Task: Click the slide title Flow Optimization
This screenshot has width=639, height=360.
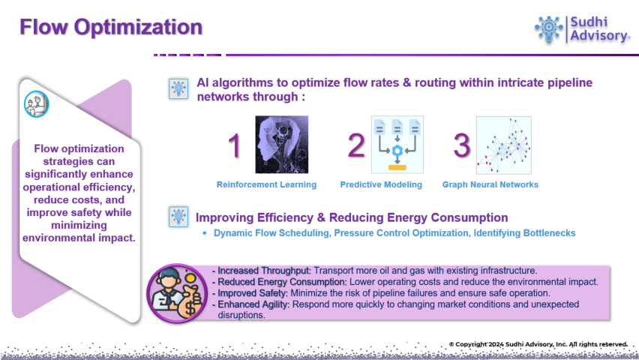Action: [111, 27]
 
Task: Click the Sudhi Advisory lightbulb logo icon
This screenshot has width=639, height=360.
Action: [548, 29]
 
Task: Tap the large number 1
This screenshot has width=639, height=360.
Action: [234, 145]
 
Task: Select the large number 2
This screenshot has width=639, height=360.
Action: [355, 145]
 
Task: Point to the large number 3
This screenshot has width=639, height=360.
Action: [462, 145]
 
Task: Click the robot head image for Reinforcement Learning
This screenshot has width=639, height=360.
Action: [281, 144]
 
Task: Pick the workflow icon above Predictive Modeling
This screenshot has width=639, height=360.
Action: [397, 144]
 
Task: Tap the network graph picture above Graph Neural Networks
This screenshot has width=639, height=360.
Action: [504, 145]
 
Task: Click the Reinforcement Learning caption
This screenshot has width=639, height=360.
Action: [266, 184]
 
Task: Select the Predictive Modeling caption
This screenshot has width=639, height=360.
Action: [381, 184]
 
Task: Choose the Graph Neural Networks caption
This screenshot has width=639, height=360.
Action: [490, 184]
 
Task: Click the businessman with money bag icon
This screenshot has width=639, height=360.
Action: [177, 293]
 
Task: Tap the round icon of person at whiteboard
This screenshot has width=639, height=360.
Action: [36, 104]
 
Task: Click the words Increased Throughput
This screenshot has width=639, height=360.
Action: [264, 271]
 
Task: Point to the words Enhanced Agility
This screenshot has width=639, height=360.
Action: [253, 304]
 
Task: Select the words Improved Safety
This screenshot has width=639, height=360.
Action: [253, 293]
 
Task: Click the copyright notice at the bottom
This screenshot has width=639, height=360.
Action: [538, 344]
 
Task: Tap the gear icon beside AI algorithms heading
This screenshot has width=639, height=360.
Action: [178, 88]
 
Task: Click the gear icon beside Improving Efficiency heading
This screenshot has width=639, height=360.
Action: [178, 217]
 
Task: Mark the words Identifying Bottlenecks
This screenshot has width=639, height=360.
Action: [524, 232]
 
